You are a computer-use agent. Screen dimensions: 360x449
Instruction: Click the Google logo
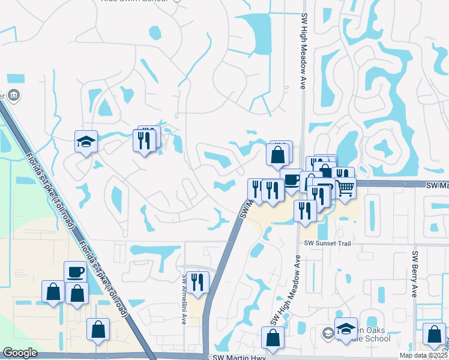point(20,353)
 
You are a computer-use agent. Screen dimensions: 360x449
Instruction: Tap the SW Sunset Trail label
point(327,243)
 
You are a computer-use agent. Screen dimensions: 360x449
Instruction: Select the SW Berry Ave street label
point(414,274)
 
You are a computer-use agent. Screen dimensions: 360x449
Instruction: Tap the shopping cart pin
point(345,188)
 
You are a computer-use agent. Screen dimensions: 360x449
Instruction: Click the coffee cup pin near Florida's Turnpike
point(76,272)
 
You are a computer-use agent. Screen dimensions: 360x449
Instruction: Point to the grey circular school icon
point(328,333)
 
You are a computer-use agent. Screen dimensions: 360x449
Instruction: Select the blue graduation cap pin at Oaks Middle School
point(346,328)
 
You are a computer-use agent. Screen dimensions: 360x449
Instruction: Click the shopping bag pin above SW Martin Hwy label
point(273,337)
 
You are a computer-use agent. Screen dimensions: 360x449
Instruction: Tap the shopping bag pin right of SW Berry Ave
point(434,334)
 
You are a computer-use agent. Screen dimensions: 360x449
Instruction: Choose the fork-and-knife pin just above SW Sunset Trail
point(305,210)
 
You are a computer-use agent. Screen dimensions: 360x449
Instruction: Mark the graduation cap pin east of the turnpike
point(86,142)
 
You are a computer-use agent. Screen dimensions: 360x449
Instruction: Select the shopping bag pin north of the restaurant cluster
point(278,154)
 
